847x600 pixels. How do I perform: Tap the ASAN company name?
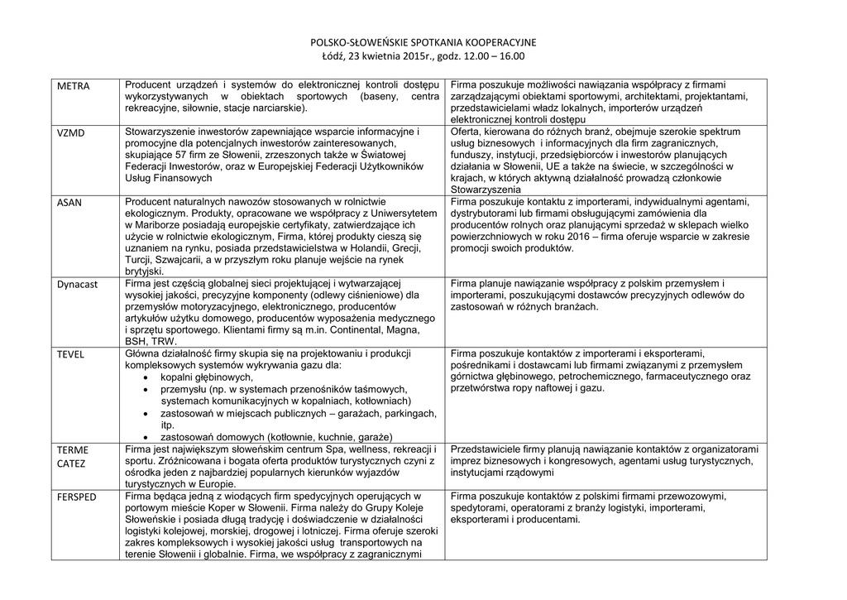tap(69, 202)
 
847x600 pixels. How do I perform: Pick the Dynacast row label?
tap(77, 284)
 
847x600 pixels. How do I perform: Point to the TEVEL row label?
tap(70, 353)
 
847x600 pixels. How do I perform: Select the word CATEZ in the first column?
tap(70, 463)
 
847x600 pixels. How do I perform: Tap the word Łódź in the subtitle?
tap(333, 56)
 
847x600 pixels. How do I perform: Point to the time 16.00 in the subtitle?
tap(512, 56)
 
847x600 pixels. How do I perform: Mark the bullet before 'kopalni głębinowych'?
tap(146, 377)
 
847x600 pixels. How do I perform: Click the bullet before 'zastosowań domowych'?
tap(146, 437)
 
